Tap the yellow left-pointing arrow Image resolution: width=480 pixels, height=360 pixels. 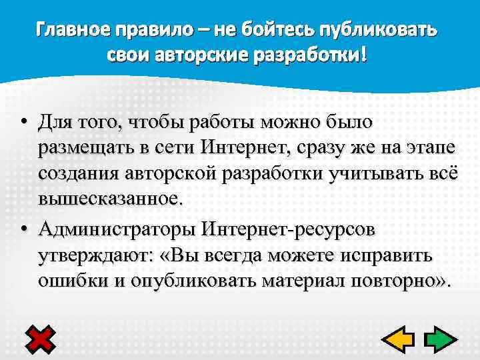[x=397, y=339]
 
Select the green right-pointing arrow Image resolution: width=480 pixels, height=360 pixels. [x=438, y=339]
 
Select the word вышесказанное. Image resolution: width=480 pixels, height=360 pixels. [x=109, y=198]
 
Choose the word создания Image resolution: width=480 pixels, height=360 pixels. [x=77, y=173]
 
